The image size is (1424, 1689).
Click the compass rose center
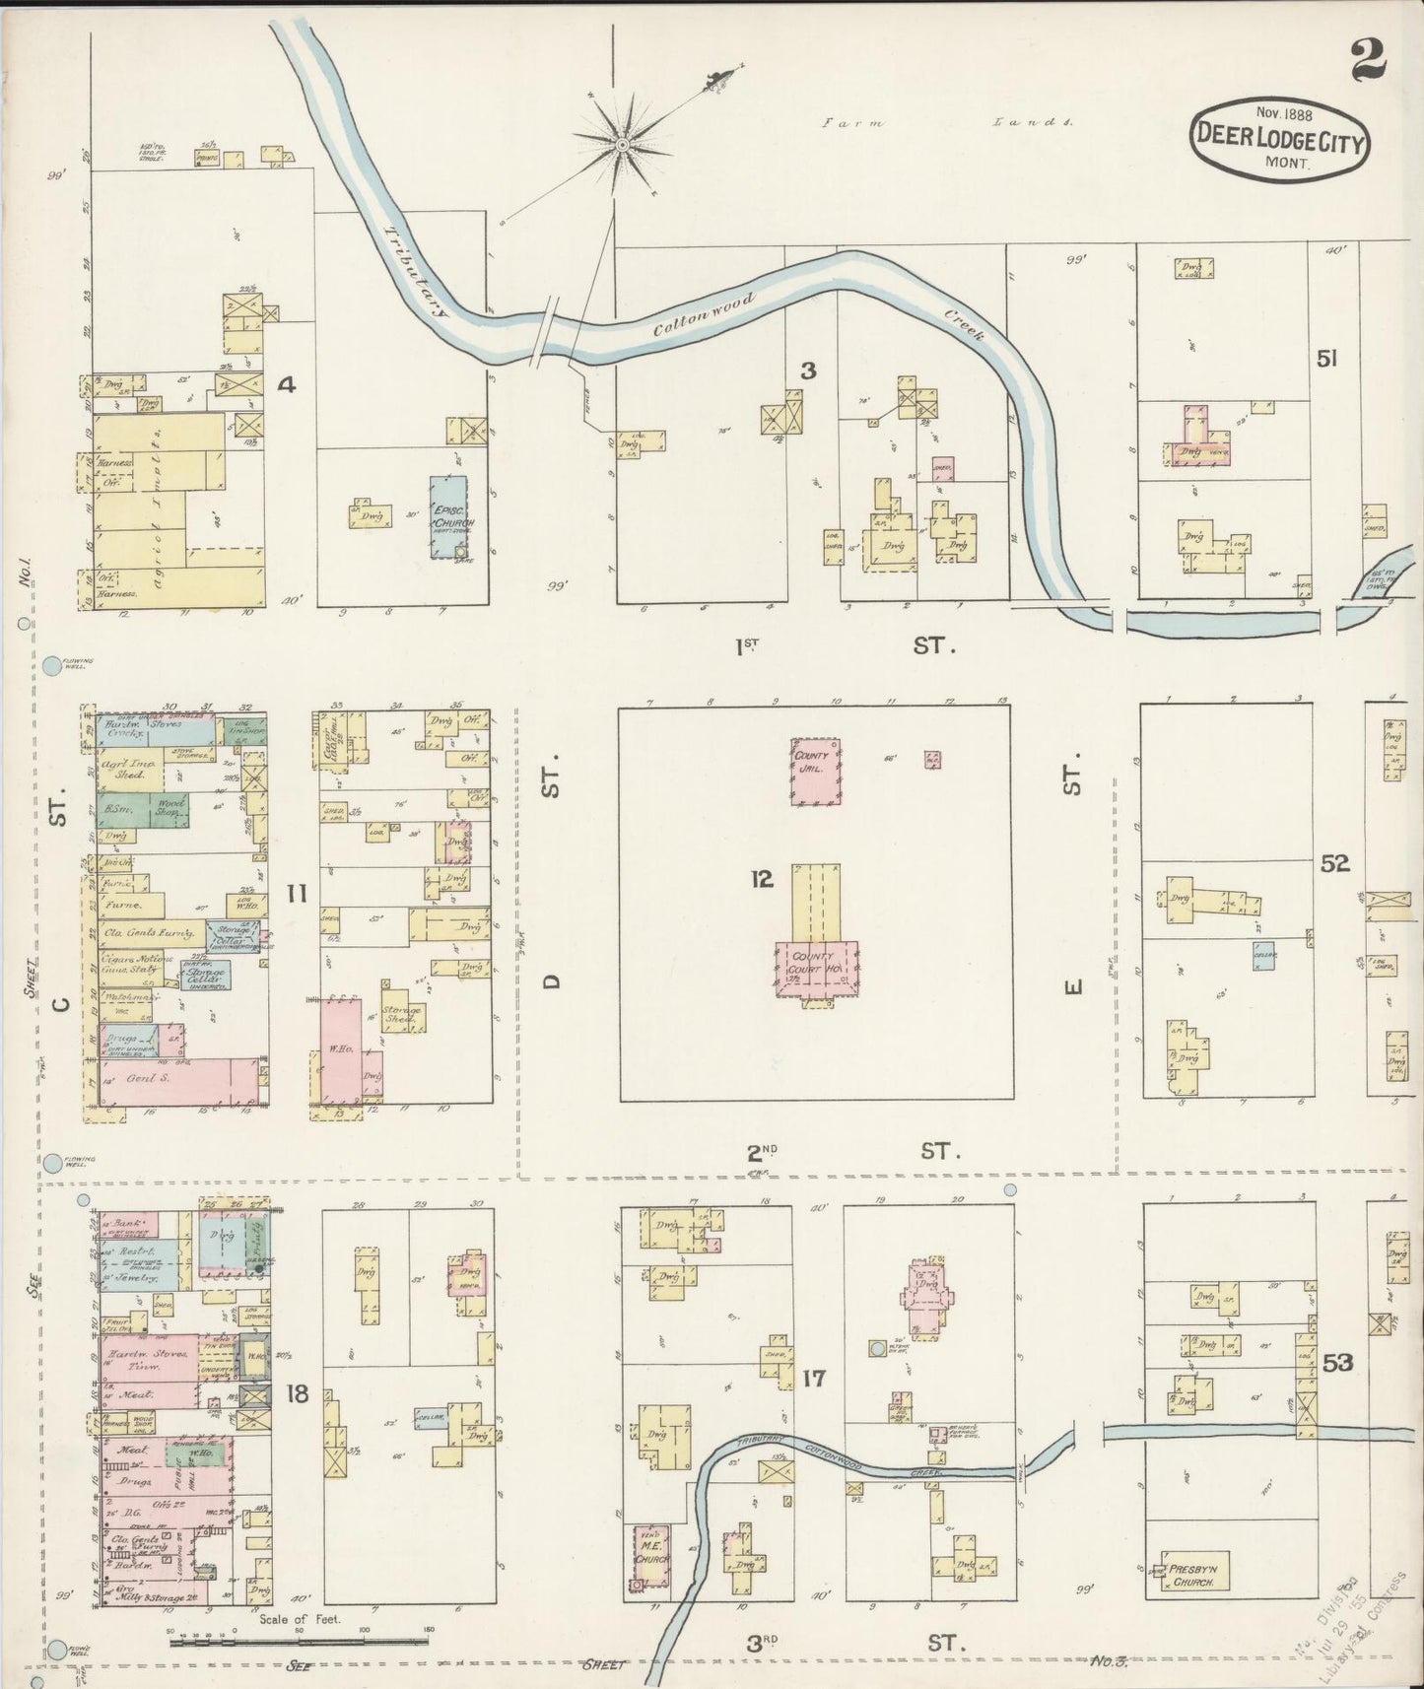tap(623, 146)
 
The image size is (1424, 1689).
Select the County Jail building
tap(817, 771)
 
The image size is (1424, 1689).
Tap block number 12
tap(761, 879)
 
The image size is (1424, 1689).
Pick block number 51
tap(1326, 360)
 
